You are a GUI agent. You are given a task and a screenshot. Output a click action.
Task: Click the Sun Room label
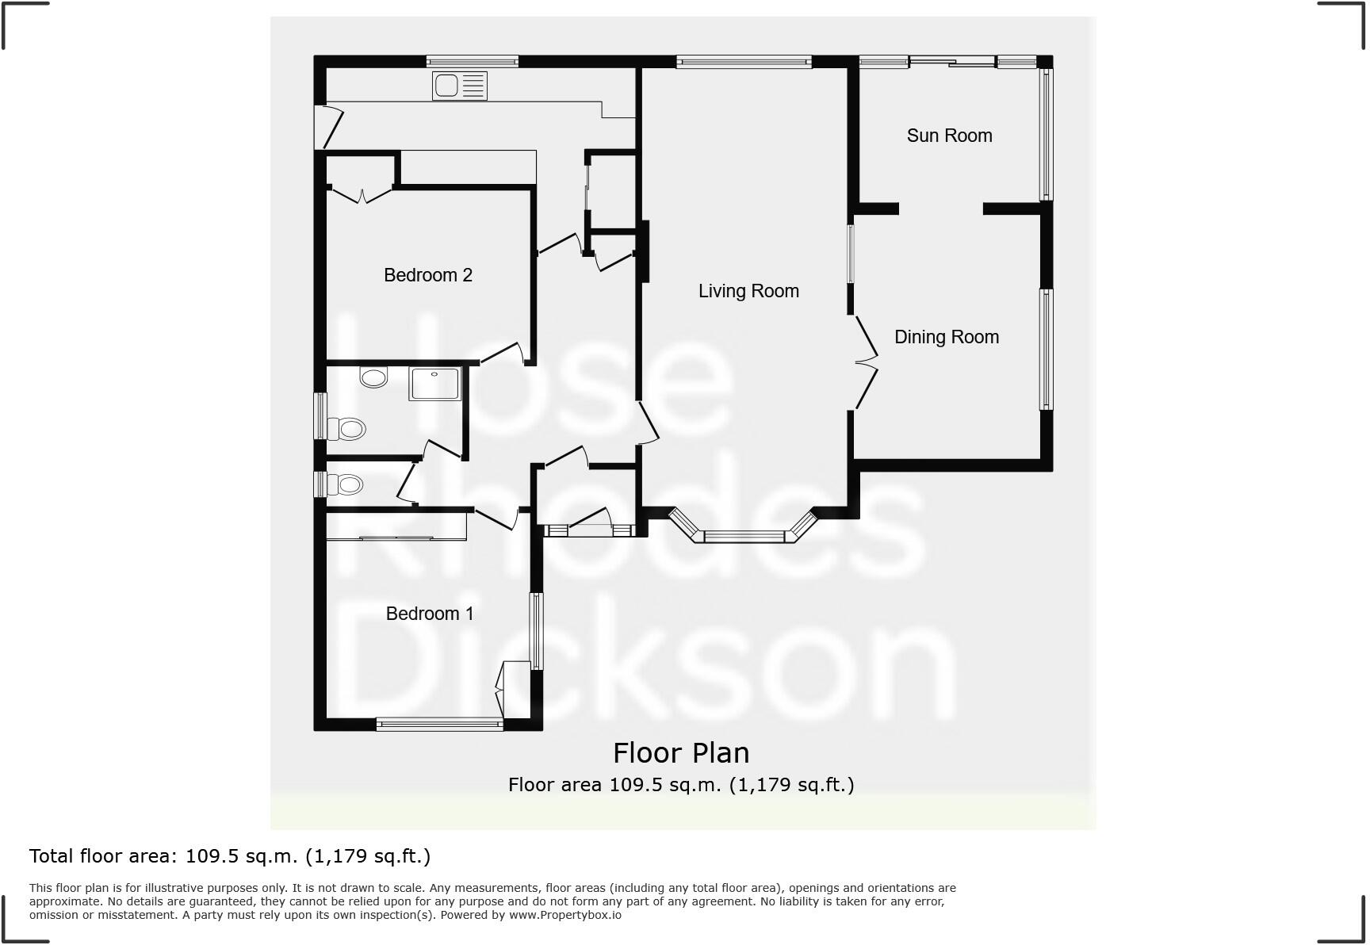click(949, 136)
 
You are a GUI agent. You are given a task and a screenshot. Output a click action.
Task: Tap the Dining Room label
click(946, 337)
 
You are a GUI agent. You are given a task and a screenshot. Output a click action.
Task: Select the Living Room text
click(748, 291)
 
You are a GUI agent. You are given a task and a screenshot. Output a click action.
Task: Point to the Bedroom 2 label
click(427, 275)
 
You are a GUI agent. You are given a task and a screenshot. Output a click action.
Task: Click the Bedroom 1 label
click(429, 614)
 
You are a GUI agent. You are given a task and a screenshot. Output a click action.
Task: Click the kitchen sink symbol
click(459, 86)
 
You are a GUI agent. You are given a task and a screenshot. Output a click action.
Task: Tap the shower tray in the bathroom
click(434, 384)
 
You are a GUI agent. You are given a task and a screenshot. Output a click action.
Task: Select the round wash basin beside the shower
click(373, 377)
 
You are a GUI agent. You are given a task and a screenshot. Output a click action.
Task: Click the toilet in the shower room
click(347, 429)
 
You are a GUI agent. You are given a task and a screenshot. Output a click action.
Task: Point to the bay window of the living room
click(743, 536)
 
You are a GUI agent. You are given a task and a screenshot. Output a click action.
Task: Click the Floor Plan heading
click(680, 752)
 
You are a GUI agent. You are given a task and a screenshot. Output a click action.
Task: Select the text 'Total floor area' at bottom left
click(102, 856)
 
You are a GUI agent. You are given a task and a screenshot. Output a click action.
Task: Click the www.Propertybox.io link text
click(564, 915)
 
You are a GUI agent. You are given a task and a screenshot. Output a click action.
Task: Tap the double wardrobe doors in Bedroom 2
click(362, 193)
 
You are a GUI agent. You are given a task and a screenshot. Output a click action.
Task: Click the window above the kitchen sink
click(472, 61)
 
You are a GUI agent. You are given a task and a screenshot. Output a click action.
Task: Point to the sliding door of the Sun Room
click(951, 61)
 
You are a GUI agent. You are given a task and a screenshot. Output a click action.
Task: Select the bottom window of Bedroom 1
click(439, 723)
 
